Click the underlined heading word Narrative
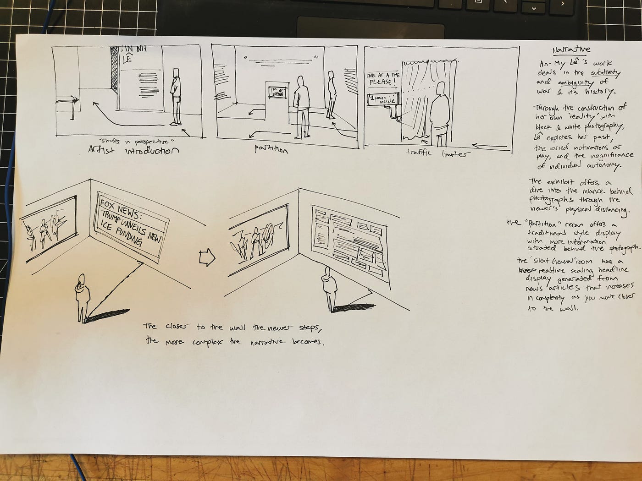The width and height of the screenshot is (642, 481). click(571, 49)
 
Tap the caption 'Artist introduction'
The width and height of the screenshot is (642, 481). click(133, 150)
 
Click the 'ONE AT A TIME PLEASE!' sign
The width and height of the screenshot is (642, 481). click(382, 79)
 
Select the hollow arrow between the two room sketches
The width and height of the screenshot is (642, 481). click(207, 258)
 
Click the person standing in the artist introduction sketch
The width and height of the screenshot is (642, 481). click(175, 96)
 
